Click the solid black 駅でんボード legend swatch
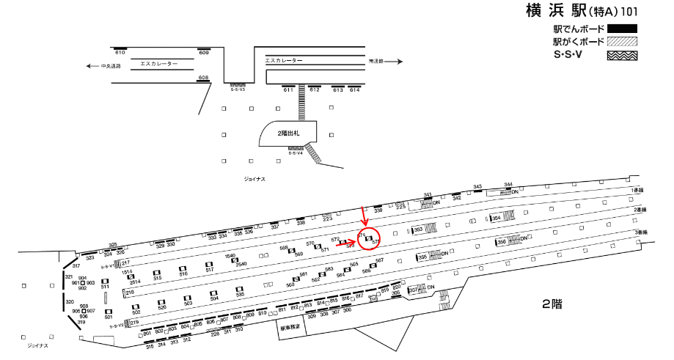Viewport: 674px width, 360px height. pyautogui.click(x=621, y=29)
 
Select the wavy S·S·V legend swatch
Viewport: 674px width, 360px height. pyautogui.click(x=621, y=54)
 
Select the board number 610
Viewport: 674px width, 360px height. pyautogui.click(x=120, y=53)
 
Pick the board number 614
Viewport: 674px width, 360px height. pyautogui.click(x=355, y=89)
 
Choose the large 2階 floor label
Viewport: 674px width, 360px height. pyautogui.click(x=552, y=303)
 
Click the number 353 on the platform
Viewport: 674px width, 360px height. pyautogui.click(x=418, y=229)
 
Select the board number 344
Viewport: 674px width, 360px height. pyautogui.click(x=508, y=184)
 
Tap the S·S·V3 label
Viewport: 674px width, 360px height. pyautogui.click(x=237, y=89)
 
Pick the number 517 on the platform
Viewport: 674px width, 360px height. pyautogui.click(x=209, y=270)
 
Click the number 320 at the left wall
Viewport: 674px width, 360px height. pyautogui.click(x=70, y=301)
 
